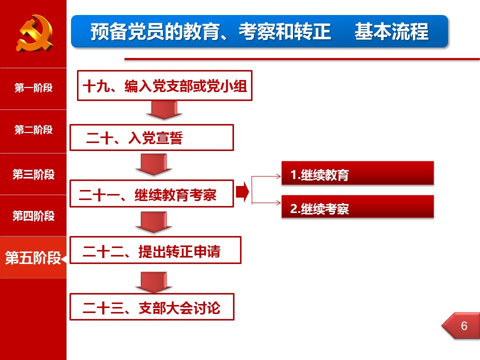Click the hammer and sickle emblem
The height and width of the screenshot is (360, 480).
[x=34, y=33]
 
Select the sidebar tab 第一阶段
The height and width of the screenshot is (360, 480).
[x=33, y=88]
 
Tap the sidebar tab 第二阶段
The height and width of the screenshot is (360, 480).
[x=33, y=130]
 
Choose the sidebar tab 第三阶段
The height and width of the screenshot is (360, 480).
[x=33, y=174]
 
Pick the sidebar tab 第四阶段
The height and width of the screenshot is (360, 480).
[x=33, y=216]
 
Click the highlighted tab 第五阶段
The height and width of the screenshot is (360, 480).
[x=33, y=257]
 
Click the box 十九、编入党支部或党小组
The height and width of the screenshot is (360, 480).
[x=164, y=85]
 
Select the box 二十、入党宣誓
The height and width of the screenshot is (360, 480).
[x=152, y=137]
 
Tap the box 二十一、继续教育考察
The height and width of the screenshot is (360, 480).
[x=152, y=194]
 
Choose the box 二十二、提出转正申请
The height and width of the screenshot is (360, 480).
[x=155, y=250]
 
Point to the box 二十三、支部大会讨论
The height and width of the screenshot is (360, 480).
[x=152, y=307]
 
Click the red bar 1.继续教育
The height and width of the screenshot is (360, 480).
[x=357, y=173]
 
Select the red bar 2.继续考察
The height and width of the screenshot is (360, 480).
[x=357, y=206]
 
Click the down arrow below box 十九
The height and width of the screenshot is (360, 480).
[x=164, y=110]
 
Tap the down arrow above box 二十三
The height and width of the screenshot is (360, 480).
[x=153, y=282]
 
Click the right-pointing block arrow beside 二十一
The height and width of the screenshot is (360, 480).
[x=242, y=192]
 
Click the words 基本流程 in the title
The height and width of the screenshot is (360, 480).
[x=391, y=31]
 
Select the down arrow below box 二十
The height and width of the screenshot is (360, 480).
[x=153, y=164]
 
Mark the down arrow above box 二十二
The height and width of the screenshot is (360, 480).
[x=153, y=222]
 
